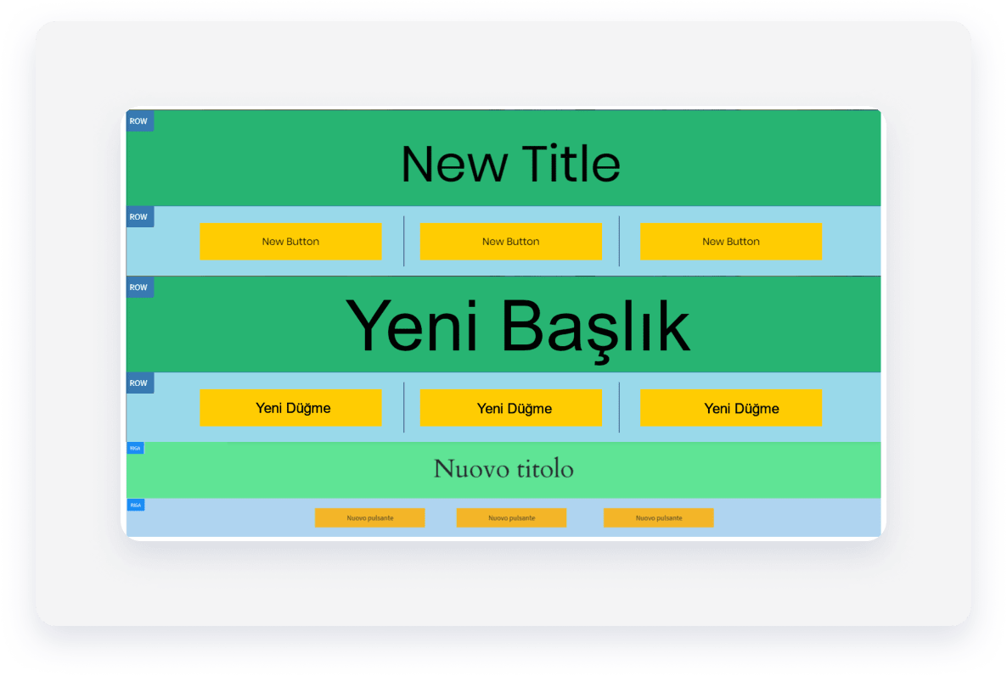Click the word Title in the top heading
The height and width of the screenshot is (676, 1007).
click(571, 164)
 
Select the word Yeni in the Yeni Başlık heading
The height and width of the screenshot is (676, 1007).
click(412, 327)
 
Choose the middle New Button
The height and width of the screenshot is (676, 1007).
click(510, 242)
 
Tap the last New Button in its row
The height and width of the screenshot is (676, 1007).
click(730, 242)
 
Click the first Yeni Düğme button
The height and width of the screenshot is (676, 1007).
click(290, 408)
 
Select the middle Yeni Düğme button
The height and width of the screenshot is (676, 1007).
click(510, 408)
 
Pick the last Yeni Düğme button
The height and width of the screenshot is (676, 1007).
click(730, 408)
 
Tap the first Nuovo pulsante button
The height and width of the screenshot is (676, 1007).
click(369, 517)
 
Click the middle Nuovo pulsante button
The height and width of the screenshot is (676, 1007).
click(511, 517)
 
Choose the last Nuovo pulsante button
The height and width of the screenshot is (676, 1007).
click(658, 517)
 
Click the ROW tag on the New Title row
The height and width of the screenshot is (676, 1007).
click(138, 121)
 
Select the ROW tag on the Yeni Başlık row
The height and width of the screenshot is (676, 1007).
click(138, 288)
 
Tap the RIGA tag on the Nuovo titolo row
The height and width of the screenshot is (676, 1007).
click(135, 448)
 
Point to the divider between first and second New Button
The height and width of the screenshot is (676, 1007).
click(403, 242)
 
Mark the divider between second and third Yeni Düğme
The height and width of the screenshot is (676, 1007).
click(619, 408)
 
